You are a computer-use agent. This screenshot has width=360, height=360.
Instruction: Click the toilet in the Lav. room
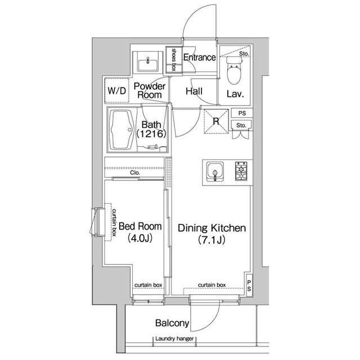234,69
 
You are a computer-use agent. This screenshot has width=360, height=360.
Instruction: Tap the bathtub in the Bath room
121,130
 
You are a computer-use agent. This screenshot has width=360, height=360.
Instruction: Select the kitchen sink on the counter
215,172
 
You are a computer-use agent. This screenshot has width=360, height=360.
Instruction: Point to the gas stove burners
241,170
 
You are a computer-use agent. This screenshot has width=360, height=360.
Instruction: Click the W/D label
117,91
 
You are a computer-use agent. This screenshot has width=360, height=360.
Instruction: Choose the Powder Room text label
150,90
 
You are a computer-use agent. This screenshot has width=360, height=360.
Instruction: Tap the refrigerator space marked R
216,121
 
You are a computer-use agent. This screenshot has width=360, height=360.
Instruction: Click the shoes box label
174,60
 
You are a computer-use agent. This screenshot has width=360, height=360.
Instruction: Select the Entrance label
200,57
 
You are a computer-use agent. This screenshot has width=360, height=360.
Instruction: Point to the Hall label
194,91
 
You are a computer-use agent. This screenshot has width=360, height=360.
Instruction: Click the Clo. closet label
135,173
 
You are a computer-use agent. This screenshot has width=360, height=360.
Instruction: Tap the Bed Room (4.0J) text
140,232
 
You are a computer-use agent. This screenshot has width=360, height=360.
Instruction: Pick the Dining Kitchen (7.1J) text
211,233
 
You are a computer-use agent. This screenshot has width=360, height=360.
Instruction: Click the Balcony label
172,323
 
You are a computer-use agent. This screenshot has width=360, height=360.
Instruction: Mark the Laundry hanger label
174,339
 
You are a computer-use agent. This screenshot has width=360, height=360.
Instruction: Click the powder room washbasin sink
148,64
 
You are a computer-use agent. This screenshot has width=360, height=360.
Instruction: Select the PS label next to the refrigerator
242,113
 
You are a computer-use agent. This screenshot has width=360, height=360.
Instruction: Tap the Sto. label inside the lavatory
244,54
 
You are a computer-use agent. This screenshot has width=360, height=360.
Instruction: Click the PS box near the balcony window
249,286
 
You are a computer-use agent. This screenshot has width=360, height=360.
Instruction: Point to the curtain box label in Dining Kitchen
211,285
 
